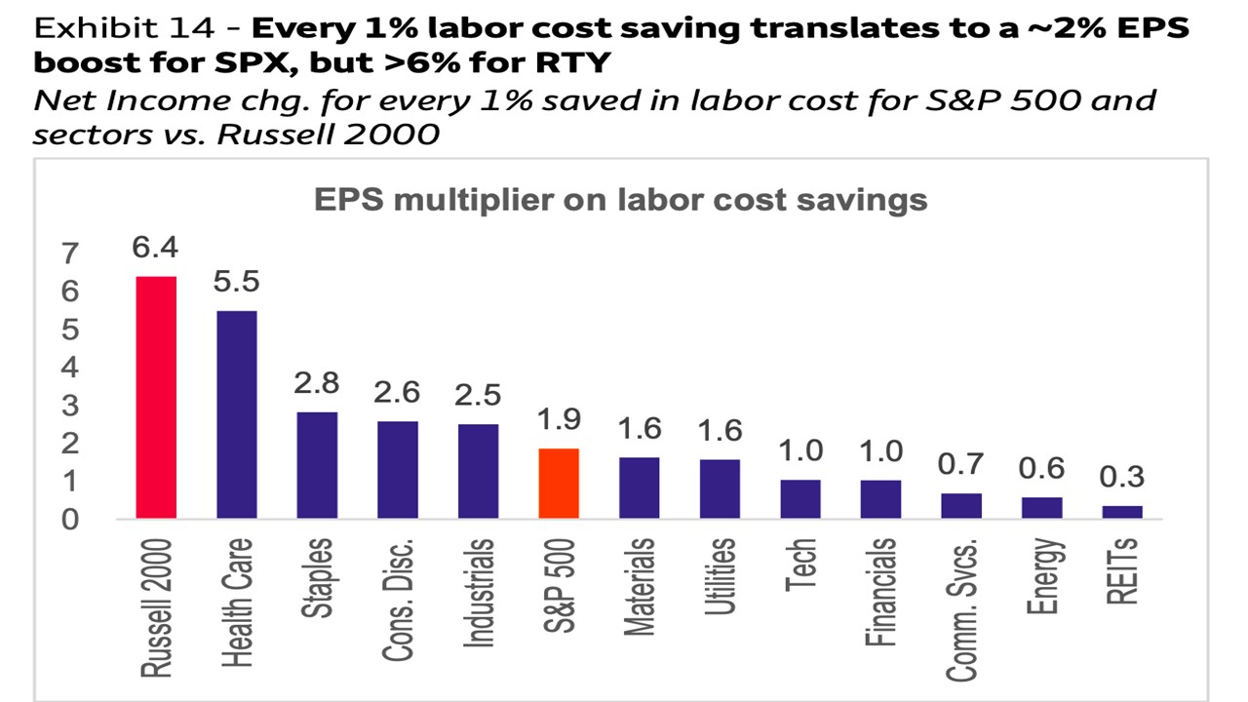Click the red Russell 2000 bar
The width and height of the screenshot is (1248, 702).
tap(156, 397)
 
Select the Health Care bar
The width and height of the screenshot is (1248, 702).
tap(236, 414)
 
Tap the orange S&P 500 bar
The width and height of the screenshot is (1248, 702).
tap(559, 484)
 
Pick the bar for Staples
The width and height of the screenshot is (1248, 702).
tap(317, 465)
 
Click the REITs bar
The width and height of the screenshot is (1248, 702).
tap(1122, 512)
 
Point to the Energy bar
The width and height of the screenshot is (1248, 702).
tap(1042, 508)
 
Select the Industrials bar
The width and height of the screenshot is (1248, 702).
tap(478, 471)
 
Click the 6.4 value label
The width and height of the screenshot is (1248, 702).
tap(156, 248)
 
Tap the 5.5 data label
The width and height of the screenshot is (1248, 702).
tap(236, 282)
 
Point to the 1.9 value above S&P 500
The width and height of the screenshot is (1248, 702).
tap(559, 419)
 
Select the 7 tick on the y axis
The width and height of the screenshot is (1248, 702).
tap(69, 254)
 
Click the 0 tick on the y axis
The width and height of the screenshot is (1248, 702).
tap(69, 520)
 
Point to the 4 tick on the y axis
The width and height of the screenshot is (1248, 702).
tap(69, 369)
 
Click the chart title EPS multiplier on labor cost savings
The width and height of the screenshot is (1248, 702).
tap(620, 200)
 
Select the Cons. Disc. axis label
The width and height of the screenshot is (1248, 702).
tap(398, 601)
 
